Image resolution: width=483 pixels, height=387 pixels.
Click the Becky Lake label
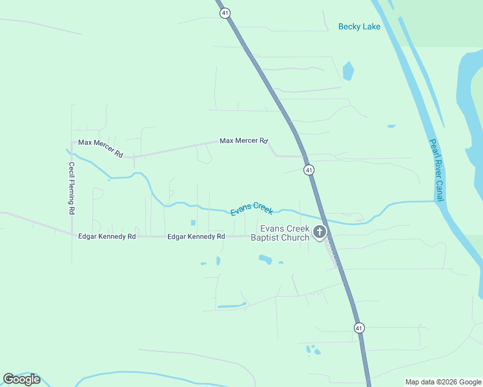(x=359, y=26)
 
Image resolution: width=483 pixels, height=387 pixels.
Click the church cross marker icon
(x=319, y=232)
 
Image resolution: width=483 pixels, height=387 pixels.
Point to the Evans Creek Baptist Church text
(x=285, y=233)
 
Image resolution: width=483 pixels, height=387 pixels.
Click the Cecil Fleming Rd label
(x=72, y=188)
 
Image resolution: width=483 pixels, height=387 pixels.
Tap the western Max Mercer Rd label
(x=100, y=148)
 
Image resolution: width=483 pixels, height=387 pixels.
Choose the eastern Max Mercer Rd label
(x=243, y=140)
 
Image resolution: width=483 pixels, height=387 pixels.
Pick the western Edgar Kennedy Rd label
(x=107, y=237)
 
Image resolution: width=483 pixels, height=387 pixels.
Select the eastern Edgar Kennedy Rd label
(x=196, y=237)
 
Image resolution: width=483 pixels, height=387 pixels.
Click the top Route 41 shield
(x=225, y=12)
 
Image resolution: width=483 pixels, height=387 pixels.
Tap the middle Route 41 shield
(x=309, y=170)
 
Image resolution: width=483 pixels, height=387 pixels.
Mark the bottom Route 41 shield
(x=359, y=328)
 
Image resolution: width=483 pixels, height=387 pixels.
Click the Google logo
(x=22, y=379)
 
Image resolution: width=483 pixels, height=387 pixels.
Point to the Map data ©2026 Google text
(x=443, y=382)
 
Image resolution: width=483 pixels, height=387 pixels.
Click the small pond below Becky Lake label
(x=348, y=70)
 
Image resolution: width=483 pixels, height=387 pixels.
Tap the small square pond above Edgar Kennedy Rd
(x=193, y=223)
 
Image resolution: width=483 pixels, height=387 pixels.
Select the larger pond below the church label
(x=265, y=259)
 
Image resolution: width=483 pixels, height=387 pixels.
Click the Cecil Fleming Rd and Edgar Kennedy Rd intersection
(x=72, y=235)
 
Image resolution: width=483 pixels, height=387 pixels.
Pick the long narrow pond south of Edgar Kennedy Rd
(x=232, y=304)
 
